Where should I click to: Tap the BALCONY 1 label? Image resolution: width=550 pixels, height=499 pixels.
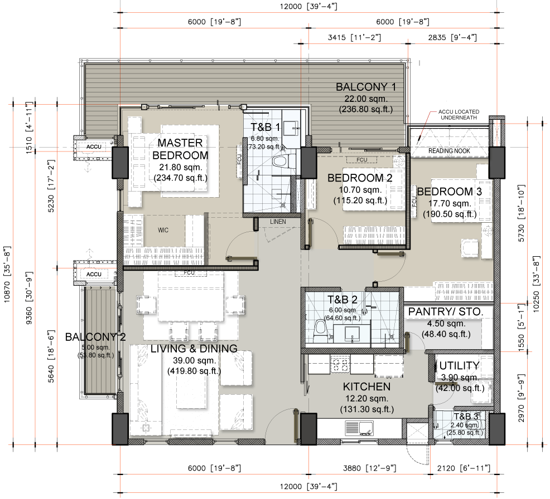coord(365,87)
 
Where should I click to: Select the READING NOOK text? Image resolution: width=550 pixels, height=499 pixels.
coord(449,151)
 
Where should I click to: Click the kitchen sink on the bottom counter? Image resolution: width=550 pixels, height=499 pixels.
coord(359,428)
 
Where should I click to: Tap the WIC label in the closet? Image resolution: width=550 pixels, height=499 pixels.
coord(163,230)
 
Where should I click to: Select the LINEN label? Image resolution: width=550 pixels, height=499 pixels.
coord(278,222)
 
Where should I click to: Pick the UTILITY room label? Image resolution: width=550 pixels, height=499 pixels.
coord(459,366)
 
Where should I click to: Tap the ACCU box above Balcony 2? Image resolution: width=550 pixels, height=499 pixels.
coord(90,274)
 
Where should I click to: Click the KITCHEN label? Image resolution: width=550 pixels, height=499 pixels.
coord(366,387)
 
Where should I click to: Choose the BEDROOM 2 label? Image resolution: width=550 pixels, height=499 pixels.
coord(360,178)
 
